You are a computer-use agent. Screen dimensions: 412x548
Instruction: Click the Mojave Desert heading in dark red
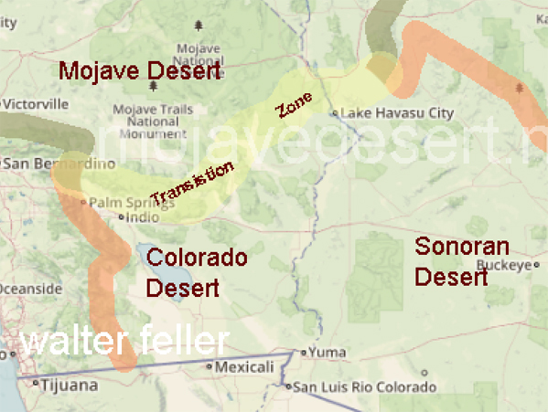pyautogui.click(x=140, y=70)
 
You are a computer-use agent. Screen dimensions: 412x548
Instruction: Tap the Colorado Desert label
pyautogui.click(x=196, y=272)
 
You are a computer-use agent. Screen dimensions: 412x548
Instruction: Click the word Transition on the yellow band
pyautogui.click(x=192, y=183)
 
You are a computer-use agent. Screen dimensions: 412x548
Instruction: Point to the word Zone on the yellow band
pyautogui.click(x=294, y=107)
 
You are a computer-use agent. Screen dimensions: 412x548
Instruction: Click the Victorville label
pyautogui.click(x=38, y=103)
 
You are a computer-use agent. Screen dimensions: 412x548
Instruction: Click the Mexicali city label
pyautogui.click(x=242, y=366)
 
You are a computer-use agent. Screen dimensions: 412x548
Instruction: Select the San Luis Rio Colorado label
pyautogui.click(x=357, y=386)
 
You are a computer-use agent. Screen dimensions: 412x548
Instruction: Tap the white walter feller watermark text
pyautogui.click(x=124, y=342)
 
